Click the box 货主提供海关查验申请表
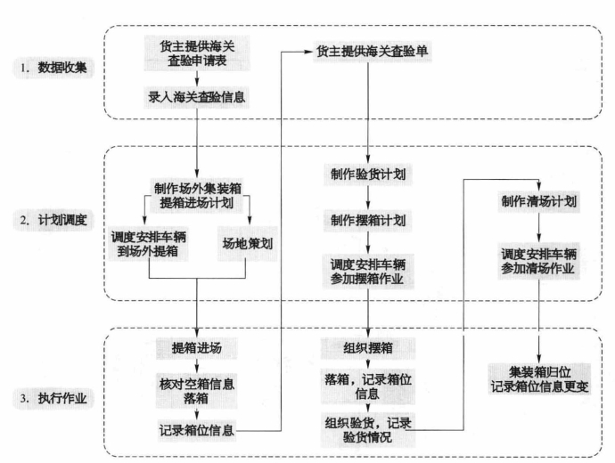click(x=196, y=53)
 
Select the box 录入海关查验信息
click(x=196, y=97)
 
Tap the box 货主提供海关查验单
click(x=373, y=52)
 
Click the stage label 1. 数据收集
click(x=53, y=68)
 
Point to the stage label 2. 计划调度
click(x=53, y=220)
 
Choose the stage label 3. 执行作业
click(x=53, y=398)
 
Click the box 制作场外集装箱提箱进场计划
click(x=197, y=196)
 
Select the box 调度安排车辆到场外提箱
click(x=149, y=244)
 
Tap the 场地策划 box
click(x=248, y=244)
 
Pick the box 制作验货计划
click(x=368, y=175)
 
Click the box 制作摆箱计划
click(x=368, y=220)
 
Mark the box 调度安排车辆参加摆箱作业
click(x=368, y=272)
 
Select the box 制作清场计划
click(x=539, y=201)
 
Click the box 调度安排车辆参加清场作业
click(x=539, y=261)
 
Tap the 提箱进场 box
click(x=196, y=348)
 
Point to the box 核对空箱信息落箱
click(x=196, y=391)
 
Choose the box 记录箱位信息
click(x=196, y=430)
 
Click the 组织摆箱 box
click(x=368, y=348)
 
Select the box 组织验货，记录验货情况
click(x=368, y=430)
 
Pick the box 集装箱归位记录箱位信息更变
click(x=539, y=379)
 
